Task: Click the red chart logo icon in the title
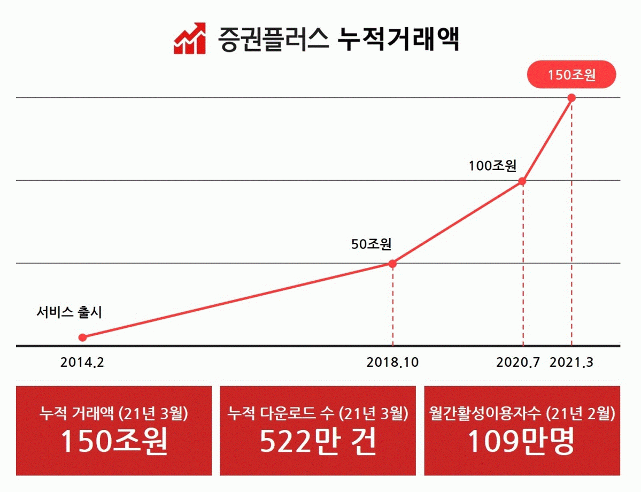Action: point(190,39)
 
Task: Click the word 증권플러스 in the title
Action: point(273,39)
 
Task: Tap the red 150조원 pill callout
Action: point(572,75)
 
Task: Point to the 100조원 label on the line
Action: point(492,166)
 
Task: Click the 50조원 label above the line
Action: point(372,244)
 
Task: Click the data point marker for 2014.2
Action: point(82,337)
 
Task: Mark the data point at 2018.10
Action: point(392,263)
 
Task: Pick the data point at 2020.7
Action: point(522,181)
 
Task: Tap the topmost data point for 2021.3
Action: point(572,98)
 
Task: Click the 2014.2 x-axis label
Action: point(82,363)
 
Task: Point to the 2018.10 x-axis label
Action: point(392,363)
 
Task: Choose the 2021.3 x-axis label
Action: point(572,363)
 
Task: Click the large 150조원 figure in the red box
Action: point(114,442)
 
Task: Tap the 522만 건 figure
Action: point(318,442)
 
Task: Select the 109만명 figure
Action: point(522,442)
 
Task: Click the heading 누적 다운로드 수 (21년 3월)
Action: point(318,413)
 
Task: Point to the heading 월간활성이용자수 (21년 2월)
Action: point(522,413)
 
